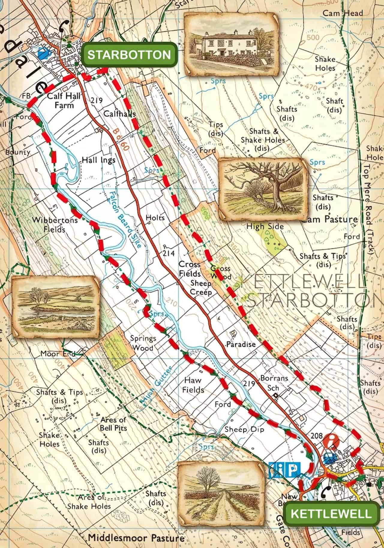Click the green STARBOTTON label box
coord(130,55)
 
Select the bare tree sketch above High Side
coord(263,189)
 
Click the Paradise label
coord(241,344)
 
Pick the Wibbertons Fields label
coord(55,224)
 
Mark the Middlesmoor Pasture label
coord(136,538)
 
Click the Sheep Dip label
coord(244,430)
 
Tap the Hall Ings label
coord(98,160)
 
